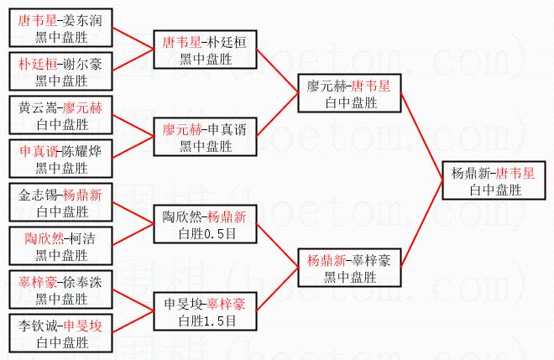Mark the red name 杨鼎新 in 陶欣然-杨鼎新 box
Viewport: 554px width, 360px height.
click(x=227, y=217)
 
